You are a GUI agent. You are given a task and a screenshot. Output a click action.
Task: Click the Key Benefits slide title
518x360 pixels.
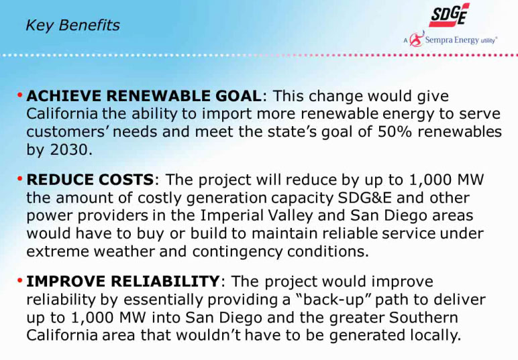(72, 25)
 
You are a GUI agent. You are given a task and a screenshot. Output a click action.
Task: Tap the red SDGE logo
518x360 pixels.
(450, 15)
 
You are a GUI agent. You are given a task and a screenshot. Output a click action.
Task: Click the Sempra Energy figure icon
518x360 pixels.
(417, 39)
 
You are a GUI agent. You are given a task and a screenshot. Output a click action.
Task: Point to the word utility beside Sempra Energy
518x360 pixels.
(488, 41)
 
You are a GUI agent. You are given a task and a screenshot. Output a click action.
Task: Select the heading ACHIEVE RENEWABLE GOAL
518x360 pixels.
(144, 96)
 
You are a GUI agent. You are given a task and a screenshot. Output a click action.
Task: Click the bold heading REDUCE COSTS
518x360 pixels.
(90, 180)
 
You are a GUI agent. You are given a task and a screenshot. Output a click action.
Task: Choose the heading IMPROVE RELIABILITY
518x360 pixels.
(123, 282)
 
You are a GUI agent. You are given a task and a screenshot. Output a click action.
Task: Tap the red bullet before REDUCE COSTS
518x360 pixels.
(20, 178)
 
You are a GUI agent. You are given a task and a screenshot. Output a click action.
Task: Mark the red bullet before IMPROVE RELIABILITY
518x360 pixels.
(20, 280)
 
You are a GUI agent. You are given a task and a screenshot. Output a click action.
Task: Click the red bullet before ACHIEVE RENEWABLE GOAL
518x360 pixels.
(20, 95)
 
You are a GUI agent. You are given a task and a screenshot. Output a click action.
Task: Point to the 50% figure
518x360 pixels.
(395, 131)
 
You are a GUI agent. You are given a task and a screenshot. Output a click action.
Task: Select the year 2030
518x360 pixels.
(69, 149)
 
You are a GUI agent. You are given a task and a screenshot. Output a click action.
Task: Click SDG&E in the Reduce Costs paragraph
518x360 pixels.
(365, 198)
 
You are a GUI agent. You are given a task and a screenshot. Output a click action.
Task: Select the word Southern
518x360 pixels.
(423, 318)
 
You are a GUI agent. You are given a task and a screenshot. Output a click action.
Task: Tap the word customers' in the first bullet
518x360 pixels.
(67, 132)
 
